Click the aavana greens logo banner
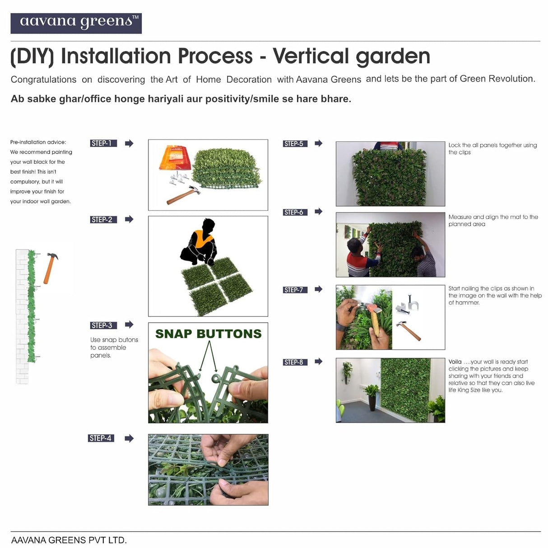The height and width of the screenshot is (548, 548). click(76, 23)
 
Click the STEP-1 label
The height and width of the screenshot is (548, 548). click(103, 144)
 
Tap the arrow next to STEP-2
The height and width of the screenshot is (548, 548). click(129, 219)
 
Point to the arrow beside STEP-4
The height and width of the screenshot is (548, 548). click(129, 438)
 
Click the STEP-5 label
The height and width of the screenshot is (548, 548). click(295, 144)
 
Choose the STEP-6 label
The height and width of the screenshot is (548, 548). click(295, 212)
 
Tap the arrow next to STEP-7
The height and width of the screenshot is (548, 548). click(319, 289)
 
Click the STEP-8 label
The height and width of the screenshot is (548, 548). click(295, 362)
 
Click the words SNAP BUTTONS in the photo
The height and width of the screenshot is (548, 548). click(208, 334)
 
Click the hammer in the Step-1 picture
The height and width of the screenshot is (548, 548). click(183, 195)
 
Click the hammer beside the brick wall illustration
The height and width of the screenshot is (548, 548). click(50, 268)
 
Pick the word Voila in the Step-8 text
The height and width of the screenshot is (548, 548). click(455, 362)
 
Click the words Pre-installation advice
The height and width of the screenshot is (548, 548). click(38, 142)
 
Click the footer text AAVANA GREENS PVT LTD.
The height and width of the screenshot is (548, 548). click(69, 540)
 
